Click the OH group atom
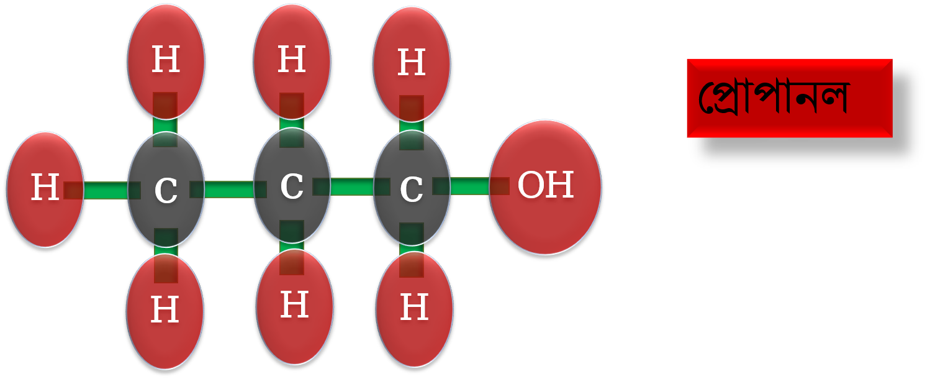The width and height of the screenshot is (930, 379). pyautogui.click(x=545, y=187)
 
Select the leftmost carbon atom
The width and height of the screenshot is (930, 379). pyautogui.click(x=166, y=189)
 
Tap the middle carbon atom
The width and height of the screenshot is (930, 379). pyautogui.click(x=292, y=185)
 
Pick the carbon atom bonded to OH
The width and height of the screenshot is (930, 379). pyautogui.click(x=412, y=188)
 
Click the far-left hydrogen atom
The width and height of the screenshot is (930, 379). pyautogui.click(x=45, y=189)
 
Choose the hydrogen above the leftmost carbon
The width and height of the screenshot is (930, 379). pyautogui.click(x=166, y=62)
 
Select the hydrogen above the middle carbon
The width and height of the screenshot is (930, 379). pyautogui.click(x=292, y=62)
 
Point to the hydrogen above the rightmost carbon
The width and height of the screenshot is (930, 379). pyautogui.click(x=412, y=64)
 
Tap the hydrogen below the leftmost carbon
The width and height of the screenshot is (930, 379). pyautogui.click(x=165, y=311)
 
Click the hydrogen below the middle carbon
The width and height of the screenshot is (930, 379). pyautogui.click(x=295, y=307)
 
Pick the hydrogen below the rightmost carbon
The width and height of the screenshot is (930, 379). pyautogui.click(x=414, y=309)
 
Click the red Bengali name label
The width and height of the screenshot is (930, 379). pyautogui.click(x=790, y=98)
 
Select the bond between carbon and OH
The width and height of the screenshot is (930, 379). pyautogui.click(x=471, y=186)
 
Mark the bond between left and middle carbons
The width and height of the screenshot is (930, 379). pyautogui.click(x=228, y=189)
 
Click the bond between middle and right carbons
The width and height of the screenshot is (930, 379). pyautogui.click(x=351, y=186)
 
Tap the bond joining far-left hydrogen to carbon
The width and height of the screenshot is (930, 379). pyautogui.click(x=102, y=190)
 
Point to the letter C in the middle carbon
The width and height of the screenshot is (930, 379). pyautogui.click(x=292, y=186)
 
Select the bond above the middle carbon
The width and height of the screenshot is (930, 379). pyautogui.click(x=292, y=120)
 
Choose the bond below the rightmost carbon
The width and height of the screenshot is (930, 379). pyautogui.click(x=412, y=250)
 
